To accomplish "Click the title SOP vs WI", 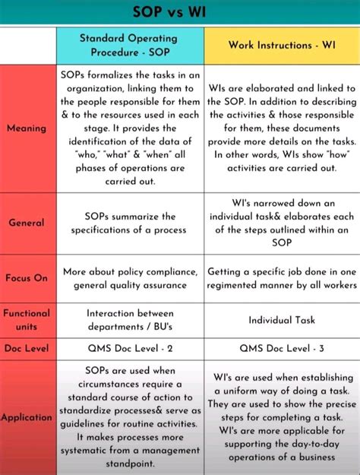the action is pyautogui.click(x=179, y=12).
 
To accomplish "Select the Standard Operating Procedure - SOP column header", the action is pyautogui.click(x=130, y=45).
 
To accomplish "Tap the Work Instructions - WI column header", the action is pyautogui.click(x=282, y=45).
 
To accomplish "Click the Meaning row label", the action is pyautogui.click(x=27, y=128).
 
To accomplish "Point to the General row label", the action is pyautogui.click(x=27, y=223).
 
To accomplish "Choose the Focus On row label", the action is pyautogui.click(x=27, y=278).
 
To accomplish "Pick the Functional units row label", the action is pyautogui.click(x=27, y=319).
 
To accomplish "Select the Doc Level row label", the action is pyautogui.click(x=27, y=348).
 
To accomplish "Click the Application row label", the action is pyautogui.click(x=27, y=417).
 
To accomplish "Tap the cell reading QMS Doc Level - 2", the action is pyautogui.click(x=130, y=348).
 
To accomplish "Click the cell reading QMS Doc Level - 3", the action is pyautogui.click(x=282, y=348).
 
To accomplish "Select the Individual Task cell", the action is pyautogui.click(x=282, y=320).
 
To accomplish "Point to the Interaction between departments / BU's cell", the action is pyautogui.click(x=130, y=319).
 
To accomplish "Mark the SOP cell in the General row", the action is pyautogui.click(x=130, y=223).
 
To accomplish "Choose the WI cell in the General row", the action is pyautogui.click(x=282, y=223).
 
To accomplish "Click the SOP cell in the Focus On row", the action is pyautogui.click(x=130, y=278).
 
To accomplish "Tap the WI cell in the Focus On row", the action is pyautogui.click(x=282, y=278).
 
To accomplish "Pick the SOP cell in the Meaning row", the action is pyautogui.click(x=130, y=128).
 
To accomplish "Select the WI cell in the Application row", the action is pyautogui.click(x=282, y=417).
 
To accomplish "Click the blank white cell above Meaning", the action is pyautogui.click(x=27, y=46).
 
